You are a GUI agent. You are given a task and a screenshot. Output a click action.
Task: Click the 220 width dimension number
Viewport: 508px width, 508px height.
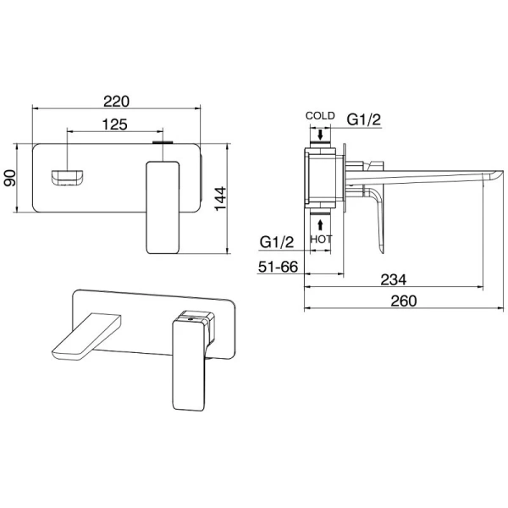[x=116, y=102]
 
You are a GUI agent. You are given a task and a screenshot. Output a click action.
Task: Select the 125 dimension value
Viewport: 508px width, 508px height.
[x=115, y=124]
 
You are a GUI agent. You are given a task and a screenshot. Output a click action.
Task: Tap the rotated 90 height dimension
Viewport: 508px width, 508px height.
[x=9, y=178]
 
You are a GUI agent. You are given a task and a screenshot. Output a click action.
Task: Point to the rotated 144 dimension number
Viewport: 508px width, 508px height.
[x=221, y=198]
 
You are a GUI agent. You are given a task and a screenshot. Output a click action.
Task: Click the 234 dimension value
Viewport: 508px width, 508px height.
[x=394, y=279]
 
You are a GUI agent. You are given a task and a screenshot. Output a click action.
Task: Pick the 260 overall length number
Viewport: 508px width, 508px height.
[x=404, y=301]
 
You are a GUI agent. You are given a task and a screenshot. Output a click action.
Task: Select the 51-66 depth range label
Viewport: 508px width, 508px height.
[x=278, y=267]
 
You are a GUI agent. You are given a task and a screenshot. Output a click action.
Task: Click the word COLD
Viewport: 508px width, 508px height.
[x=320, y=116]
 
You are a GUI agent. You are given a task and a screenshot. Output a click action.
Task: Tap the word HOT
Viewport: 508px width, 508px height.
[x=321, y=239]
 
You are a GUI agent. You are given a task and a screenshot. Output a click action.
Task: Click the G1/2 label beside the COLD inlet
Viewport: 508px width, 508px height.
[x=363, y=119]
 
